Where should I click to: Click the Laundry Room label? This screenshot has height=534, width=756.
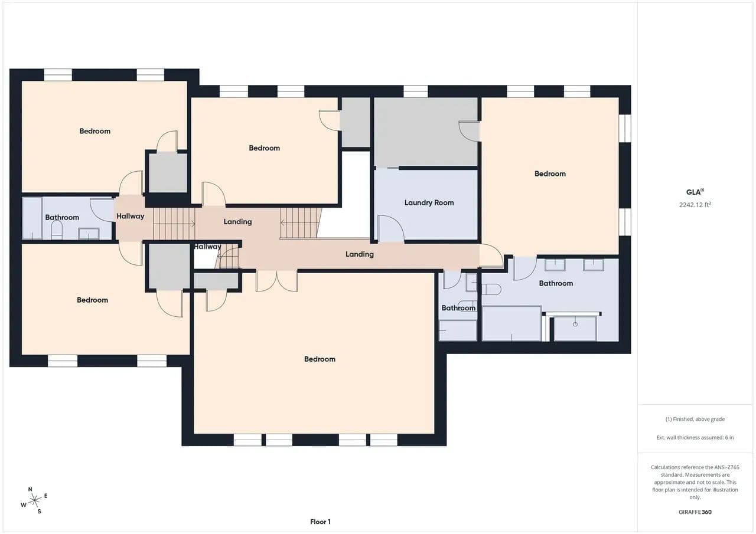[x=429, y=202]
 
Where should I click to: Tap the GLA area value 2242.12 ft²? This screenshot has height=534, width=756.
[x=695, y=205]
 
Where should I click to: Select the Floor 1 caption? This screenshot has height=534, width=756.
[x=320, y=522]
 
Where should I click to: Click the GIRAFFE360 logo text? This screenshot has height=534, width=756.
[x=695, y=512]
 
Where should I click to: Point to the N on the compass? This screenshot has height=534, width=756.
[x=30, y=489]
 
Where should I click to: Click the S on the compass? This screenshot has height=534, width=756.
[x=39, y=512]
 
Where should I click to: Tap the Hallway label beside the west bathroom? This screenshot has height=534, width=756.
[x=131, y=216]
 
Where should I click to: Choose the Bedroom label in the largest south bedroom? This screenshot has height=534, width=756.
[x=320, y=359]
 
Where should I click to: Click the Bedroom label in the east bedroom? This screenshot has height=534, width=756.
[x=550, y=173]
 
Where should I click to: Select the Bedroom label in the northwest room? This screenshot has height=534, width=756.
[x=95, y=131]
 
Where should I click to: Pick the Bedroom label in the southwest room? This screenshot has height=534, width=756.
[x=93, y=300]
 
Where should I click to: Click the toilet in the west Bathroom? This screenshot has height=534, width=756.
[x=57, y=230]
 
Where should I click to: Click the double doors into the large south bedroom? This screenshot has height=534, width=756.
[x=277, y=281]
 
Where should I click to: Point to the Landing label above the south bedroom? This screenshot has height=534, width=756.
[x=360, y=254]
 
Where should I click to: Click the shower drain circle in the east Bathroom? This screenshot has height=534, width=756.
[x=575, y=325]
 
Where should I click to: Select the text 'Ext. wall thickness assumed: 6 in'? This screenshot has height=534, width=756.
[x=695, y=437]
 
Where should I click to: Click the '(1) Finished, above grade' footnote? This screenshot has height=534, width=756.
[x=695, y=419]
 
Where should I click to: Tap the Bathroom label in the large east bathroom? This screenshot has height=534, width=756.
[x=556, y=283]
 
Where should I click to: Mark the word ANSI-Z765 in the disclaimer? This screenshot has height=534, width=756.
[x=727, y=467]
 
